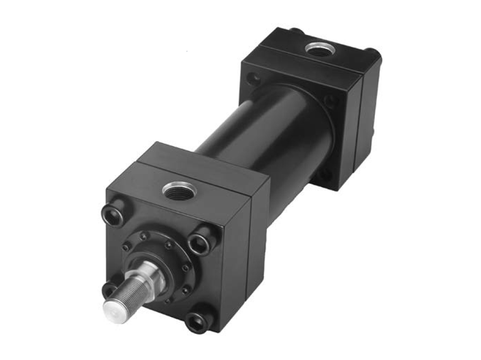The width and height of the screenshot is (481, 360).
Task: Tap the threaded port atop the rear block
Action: pyautogui.click(x=316, y=50)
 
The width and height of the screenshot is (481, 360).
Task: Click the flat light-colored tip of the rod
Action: pyautogui.click(x=115, y=309)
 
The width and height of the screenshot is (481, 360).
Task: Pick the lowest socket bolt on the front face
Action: pyautogui.click(x=197, y=321)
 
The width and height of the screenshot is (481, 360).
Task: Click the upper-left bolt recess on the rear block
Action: pyautogui.click(x=254, y=78)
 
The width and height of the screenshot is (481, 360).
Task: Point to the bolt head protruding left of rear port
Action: pyautogui.click(x=295, y=31)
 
